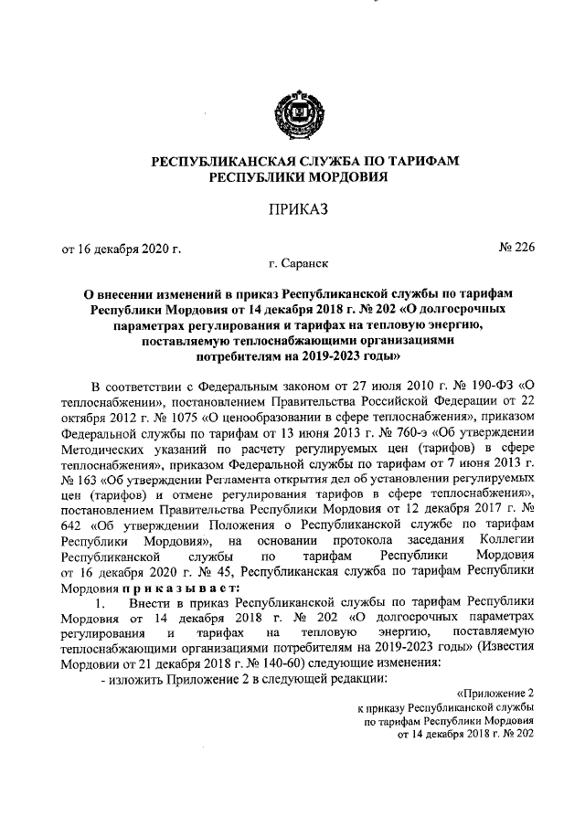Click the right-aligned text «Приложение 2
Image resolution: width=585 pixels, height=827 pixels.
click(495, 695)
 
